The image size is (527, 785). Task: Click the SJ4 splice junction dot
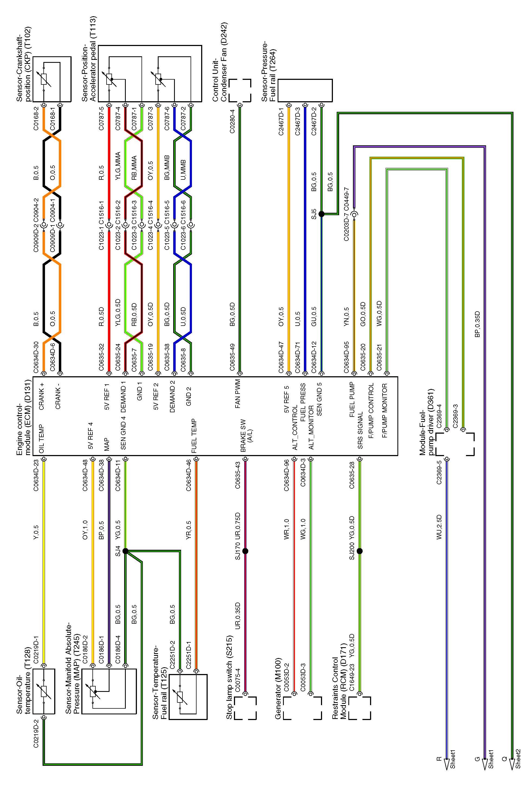125,551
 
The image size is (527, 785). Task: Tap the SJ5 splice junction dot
321,214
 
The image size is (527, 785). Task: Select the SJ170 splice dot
245,551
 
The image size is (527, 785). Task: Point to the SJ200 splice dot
360,551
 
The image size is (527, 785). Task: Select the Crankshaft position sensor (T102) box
52,79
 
